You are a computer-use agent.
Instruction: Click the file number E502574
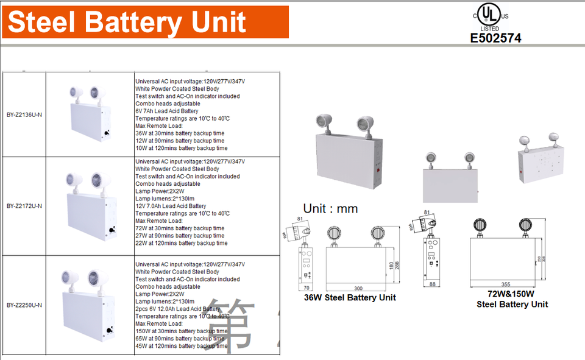(495, 38)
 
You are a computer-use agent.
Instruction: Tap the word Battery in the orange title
(133, 22)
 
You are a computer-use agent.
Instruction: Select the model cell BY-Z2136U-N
(24, 113)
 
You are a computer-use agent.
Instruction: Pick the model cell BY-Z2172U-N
(24, 206)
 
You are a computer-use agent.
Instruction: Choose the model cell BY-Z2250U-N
(24, 305)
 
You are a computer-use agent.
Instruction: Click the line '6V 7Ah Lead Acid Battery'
(166, 111)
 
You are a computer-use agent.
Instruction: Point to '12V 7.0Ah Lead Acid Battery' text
(171, 206)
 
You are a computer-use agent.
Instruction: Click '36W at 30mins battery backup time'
(180, 133)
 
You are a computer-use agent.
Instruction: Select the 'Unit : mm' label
(330, 209)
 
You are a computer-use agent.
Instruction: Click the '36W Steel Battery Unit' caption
(350, 298)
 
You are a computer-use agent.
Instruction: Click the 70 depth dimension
(307, 287)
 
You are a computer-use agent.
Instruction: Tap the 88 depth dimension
(433, 284)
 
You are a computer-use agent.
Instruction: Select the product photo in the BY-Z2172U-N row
(90, 206)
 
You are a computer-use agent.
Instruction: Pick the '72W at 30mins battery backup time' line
(180, 228)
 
